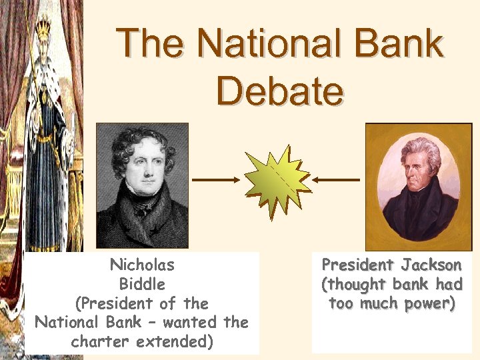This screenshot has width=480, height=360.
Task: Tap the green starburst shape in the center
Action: tap(276, 180)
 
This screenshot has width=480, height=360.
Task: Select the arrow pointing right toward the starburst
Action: tap(215, 179)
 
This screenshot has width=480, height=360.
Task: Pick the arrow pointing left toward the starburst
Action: tap(337, 179)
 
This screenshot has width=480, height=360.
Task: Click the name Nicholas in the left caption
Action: tap(142, 265)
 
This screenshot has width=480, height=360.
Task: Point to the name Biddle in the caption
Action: tap(142, 284)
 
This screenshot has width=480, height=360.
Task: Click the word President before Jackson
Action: tap(355, 265)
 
